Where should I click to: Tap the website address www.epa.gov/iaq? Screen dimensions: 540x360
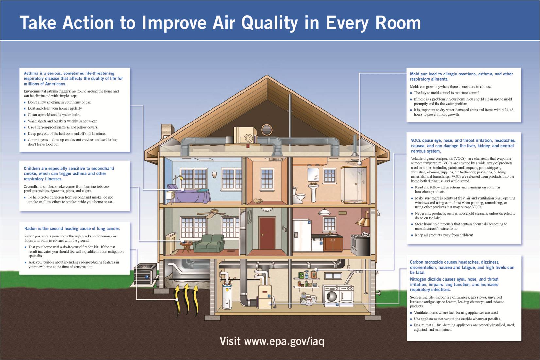click(284, 341)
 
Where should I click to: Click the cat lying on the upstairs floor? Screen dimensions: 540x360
click(258, 201)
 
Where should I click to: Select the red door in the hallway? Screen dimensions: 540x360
click(267, 233)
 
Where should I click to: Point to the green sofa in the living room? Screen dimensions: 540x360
click(209, 243)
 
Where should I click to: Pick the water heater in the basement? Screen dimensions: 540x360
click(227, 296)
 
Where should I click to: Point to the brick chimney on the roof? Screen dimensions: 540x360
click(167, 131)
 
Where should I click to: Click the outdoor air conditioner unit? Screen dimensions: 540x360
click(145, 275)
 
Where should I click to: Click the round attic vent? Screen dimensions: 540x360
click(267, 130)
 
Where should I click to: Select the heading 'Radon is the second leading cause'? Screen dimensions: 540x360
click(72, 228)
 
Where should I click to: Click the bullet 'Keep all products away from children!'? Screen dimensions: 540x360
click(444, 235)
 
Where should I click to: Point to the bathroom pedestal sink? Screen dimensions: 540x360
click(313, 192)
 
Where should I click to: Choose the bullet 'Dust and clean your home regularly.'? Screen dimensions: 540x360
click(55, 108)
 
